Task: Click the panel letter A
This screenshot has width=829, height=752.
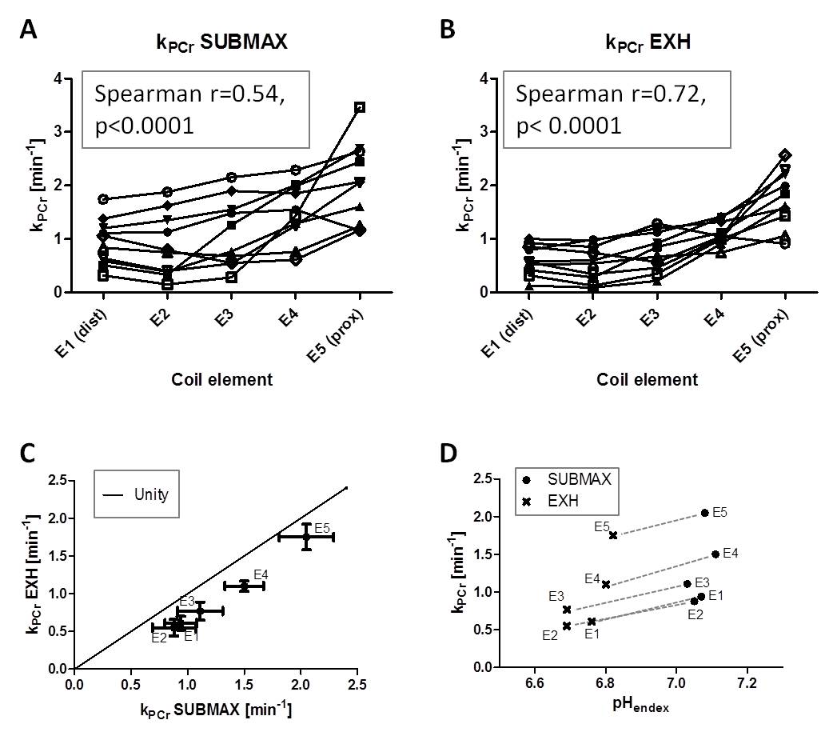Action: click(29, 30)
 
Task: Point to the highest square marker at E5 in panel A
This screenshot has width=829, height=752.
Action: click(360, 107)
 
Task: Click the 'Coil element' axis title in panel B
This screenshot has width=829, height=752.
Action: click(647, 379)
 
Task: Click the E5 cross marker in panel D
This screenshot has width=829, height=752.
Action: click(613, 535)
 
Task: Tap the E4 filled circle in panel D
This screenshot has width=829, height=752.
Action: click(715, 554)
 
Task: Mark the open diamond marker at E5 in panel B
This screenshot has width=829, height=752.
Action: click(785, 155)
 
